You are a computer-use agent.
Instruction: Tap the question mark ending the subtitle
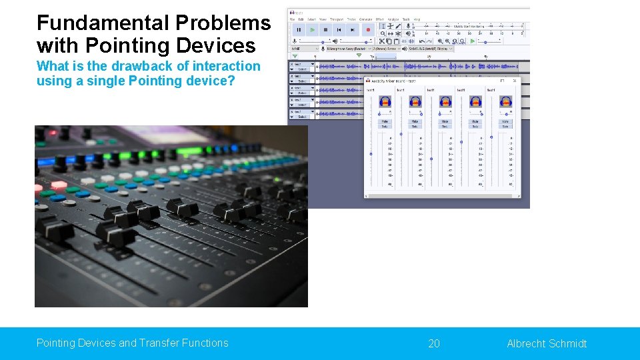pos(231,81)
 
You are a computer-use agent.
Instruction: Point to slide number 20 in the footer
pos(434,343)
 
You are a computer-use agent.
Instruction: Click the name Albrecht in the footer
pos(527,343)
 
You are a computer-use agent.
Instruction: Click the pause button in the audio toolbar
pos(298,30)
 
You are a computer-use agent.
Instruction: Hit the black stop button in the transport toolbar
pos(325,30)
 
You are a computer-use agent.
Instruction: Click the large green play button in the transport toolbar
pos(312,30)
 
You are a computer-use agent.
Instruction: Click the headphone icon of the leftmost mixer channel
pos(385,102)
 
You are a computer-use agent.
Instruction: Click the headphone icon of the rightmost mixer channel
pos(506,102)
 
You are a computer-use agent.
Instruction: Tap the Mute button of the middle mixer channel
pos(445,122)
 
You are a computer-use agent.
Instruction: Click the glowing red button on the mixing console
pos(59,185)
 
